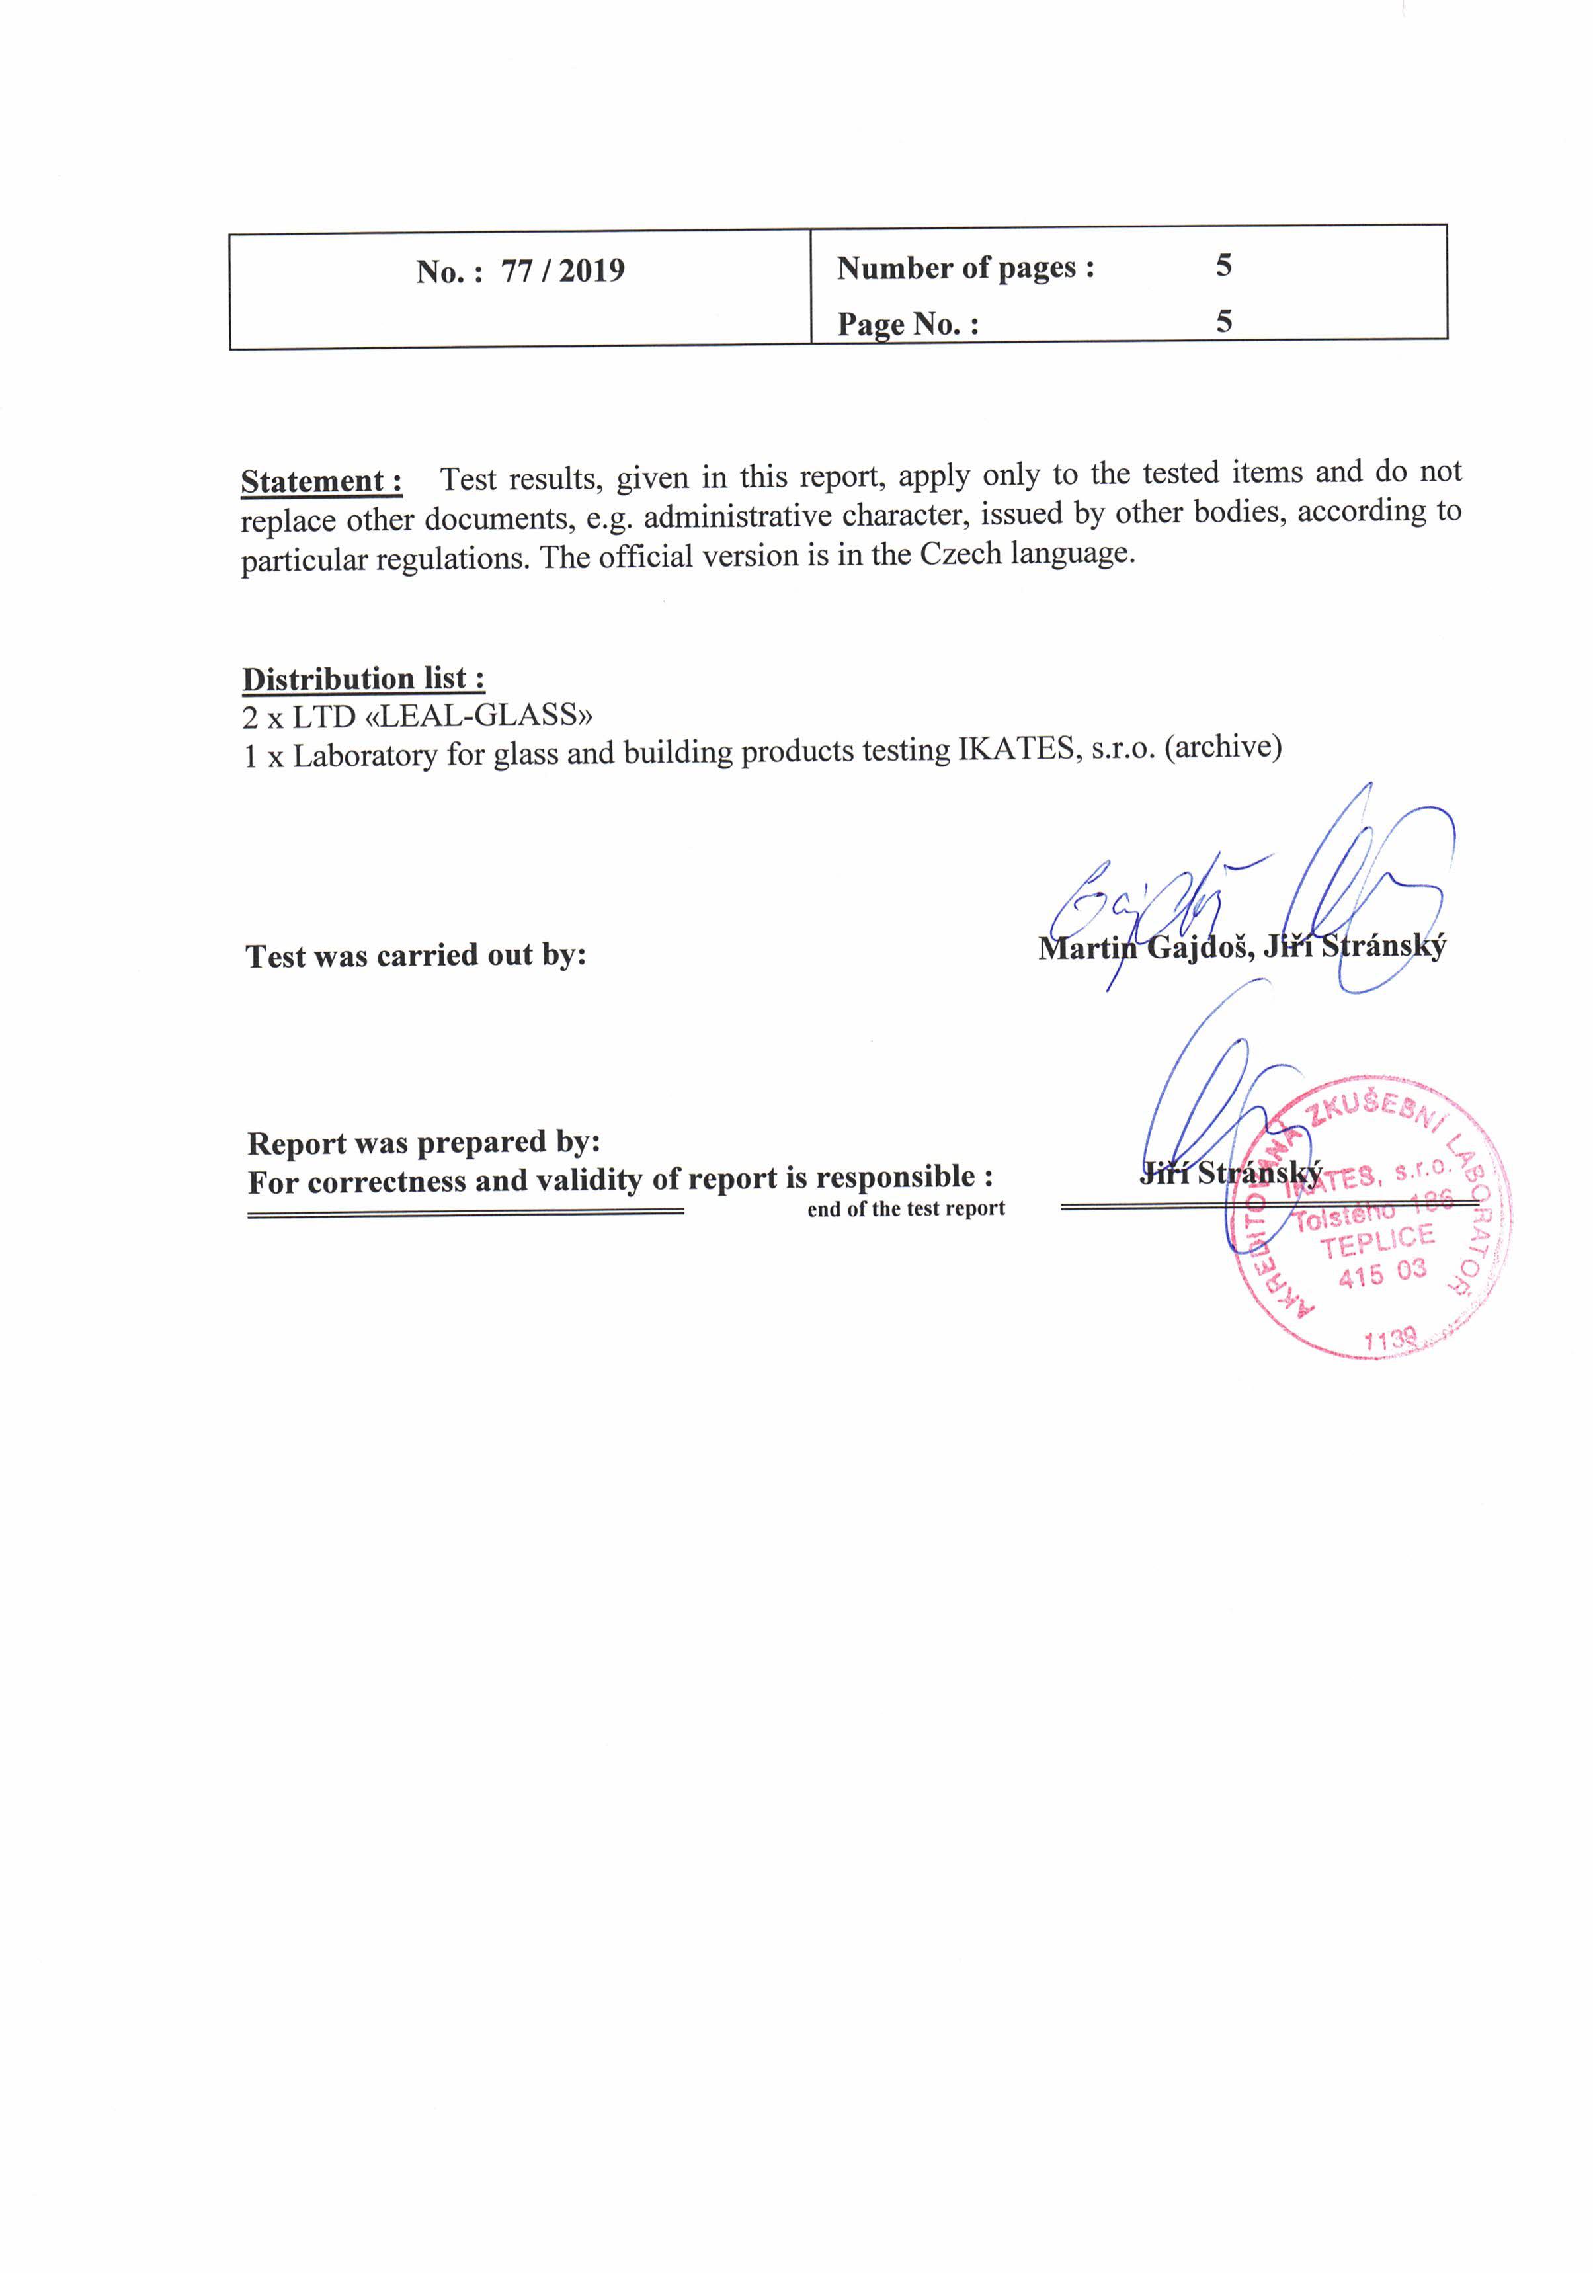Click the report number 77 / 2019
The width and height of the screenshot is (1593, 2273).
coord(562,270)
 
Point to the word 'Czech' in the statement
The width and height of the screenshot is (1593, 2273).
coord(960,554)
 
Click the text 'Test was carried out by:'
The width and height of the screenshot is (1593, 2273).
coord(416,956)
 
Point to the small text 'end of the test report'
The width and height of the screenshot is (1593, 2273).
coord(906,1209)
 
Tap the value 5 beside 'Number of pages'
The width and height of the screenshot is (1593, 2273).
coord(1224,265)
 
